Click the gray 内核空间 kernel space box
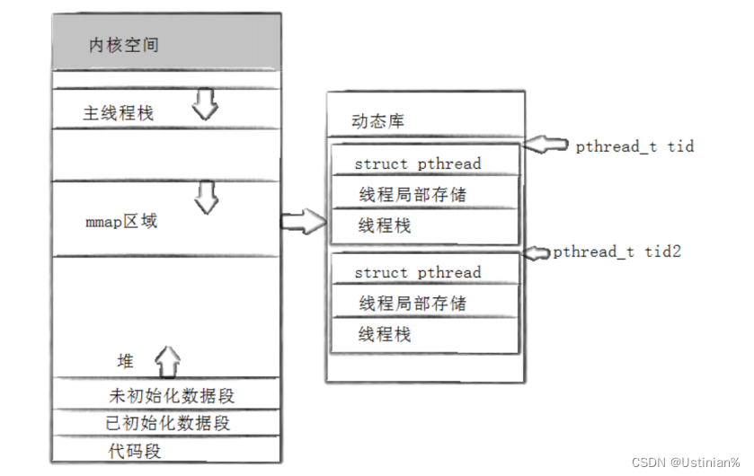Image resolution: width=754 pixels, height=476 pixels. pyautogui.click(x=166, y=43)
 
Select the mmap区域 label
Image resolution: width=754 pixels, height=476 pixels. pyautogui.click(x=120, y=221)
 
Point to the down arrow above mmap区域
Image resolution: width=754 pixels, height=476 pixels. pyautogui.click(x=208, y=197)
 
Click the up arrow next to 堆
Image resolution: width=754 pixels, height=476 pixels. pyautogui.click(x=167, y=361)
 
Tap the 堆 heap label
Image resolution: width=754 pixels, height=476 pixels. pyautogui.click(x=126, y=361)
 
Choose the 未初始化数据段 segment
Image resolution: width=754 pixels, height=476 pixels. pyautogui.click(x=171, y=395)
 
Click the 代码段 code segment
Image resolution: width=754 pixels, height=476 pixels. pyautogui.click(x=135, y=449)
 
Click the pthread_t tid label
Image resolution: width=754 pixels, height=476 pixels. pyautogui.click(x=634, y=146)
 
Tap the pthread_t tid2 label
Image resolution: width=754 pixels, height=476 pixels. pyautogui.click(x=617, y=251)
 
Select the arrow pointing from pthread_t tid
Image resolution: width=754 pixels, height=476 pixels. pyautogui.click(x=545, y=144)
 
